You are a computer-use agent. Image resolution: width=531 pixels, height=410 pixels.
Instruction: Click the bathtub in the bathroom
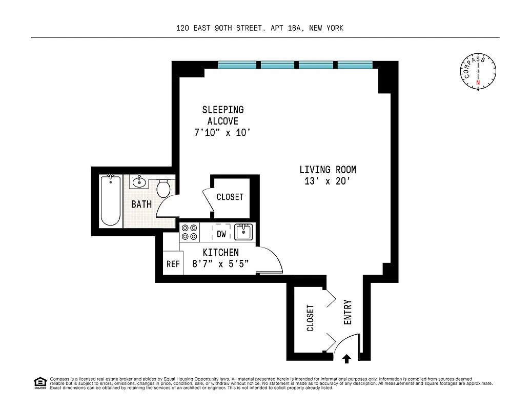[110, 200]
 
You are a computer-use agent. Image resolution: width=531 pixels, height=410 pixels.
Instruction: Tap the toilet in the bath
[164, 189]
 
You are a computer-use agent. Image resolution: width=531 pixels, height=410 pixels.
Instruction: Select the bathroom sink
[138, 181]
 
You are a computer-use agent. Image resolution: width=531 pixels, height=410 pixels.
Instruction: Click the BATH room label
[141, 204]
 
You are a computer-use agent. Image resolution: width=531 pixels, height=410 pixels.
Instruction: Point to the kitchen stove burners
[189, 232]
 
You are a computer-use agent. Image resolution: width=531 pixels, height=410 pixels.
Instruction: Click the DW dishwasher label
[221, 234]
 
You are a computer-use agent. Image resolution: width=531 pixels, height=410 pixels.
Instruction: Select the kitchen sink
[243, 232]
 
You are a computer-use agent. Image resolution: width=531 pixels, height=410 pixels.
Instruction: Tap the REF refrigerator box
[173, 264]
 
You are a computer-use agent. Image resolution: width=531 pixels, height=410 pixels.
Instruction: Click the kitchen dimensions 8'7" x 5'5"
[220, 264]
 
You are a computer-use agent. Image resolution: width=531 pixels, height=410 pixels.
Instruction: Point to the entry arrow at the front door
[346, 358]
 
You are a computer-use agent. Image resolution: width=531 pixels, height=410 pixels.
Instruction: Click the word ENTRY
[348, 312]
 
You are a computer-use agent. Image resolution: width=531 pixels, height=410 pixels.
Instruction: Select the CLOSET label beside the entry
[311, 318]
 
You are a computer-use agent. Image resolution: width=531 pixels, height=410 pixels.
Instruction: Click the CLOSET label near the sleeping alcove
[230, 197]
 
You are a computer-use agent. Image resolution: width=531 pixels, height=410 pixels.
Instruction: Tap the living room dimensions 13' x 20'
[328, 181]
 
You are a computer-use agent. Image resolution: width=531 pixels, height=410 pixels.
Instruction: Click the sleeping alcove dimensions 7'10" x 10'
[222, 133]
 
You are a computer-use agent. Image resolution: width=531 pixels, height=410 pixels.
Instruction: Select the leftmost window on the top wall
[237, 65]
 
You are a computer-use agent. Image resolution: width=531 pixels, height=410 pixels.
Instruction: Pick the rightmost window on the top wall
[355, 65]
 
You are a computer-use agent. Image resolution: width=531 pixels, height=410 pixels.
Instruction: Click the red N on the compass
[478, 83]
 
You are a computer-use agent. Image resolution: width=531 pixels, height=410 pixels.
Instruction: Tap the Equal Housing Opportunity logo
[40, 382]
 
